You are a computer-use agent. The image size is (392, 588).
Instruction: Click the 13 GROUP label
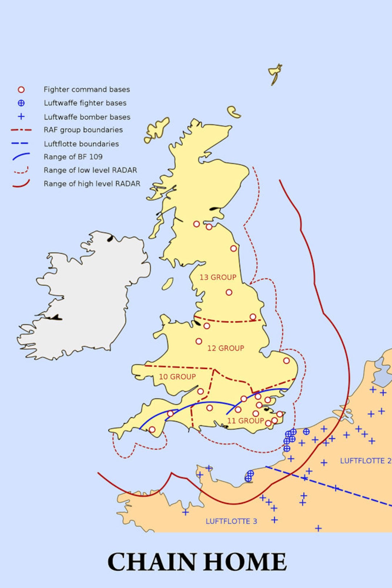click(218, 277)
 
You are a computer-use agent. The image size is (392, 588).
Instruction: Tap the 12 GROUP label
click(225, 348)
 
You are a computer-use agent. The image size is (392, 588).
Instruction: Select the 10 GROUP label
click(177, 377)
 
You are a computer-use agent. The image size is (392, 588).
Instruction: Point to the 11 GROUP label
click(245, 421)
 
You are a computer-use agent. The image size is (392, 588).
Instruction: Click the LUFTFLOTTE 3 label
click(231, 522)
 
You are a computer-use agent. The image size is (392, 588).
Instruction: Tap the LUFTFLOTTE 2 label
click(365, 461)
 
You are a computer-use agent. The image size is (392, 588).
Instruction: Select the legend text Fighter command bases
click(86, 89)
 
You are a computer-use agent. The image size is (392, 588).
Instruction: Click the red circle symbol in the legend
click(21, 89)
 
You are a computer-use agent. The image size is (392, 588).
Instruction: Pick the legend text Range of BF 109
click(73, 157)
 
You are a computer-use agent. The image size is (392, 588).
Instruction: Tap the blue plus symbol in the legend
click(21, 117)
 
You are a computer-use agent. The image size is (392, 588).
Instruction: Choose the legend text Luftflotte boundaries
click(81, 144)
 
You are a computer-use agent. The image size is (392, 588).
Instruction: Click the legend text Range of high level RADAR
click(91, 184)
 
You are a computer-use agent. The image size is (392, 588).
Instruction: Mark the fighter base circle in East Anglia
click(286, 361)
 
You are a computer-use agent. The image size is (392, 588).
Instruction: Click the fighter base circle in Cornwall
click(152, 430)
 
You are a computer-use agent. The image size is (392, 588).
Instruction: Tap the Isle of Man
click(167, 284)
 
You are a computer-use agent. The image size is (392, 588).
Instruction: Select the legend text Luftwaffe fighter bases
click(85, 103)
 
